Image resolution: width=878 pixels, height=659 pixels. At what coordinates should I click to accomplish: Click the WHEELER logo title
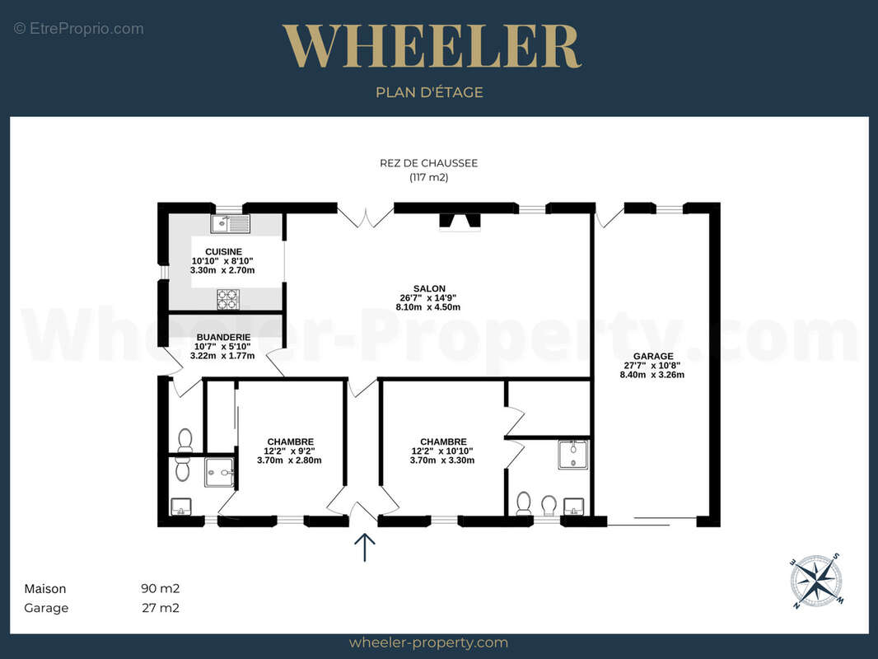click(431, 46)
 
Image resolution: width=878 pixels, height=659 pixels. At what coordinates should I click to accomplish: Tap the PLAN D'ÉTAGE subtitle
click(429, 92)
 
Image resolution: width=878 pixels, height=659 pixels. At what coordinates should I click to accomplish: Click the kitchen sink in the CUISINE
click(230, 223)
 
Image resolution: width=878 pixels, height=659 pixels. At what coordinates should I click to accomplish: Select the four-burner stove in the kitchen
click(228, 300)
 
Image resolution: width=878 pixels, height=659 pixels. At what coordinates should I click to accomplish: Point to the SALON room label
click(429, 289)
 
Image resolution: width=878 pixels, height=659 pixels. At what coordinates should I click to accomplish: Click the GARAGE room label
click(653, 356)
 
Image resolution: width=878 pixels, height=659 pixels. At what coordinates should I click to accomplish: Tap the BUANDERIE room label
click(223, 338)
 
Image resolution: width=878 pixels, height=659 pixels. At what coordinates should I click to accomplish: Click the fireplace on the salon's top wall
click(460, 222)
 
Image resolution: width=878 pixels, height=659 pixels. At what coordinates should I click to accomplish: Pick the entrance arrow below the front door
click(365, 547)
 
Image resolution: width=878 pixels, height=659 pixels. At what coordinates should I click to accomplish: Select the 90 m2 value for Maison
click(160, 588)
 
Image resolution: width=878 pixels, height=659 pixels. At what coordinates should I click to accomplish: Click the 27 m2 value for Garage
click(160, 607)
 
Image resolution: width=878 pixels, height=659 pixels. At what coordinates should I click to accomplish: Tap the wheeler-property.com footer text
click(428, 643)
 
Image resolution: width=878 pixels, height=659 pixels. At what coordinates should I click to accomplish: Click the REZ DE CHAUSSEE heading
click(429, 163)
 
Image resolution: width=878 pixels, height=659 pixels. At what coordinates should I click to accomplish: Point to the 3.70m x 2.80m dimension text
click(289, 460)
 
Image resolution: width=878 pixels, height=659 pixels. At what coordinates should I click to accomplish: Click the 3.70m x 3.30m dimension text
click(442, 460)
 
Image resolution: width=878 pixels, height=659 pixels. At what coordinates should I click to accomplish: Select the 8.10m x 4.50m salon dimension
click(428, 306)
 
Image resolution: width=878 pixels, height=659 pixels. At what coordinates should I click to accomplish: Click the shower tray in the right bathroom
click(573, 455)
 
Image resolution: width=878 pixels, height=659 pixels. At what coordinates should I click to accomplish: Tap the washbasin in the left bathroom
click(181, 507)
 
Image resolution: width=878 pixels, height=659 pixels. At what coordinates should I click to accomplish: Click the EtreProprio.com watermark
click(79, 29)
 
